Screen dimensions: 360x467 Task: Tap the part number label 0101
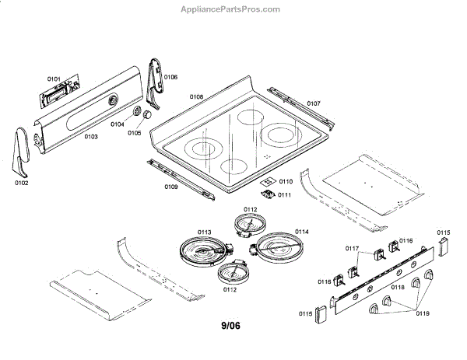(54, 79)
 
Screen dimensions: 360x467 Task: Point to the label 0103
(91, 136)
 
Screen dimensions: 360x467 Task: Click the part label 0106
(170, 77)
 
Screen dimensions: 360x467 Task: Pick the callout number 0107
(313, 103)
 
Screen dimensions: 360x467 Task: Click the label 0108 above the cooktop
(196, 97)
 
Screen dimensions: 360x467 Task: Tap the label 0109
(171, 187)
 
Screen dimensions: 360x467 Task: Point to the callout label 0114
(302, 232)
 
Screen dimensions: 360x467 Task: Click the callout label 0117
(352, 248)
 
